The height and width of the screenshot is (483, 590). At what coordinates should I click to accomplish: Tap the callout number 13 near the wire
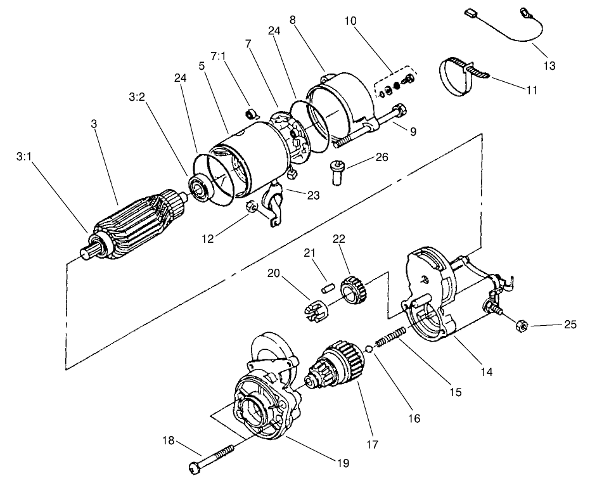(549, 65)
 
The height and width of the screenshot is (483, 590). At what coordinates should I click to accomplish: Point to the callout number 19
(342, 463)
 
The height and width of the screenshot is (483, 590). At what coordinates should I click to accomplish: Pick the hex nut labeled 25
(518, 326)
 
